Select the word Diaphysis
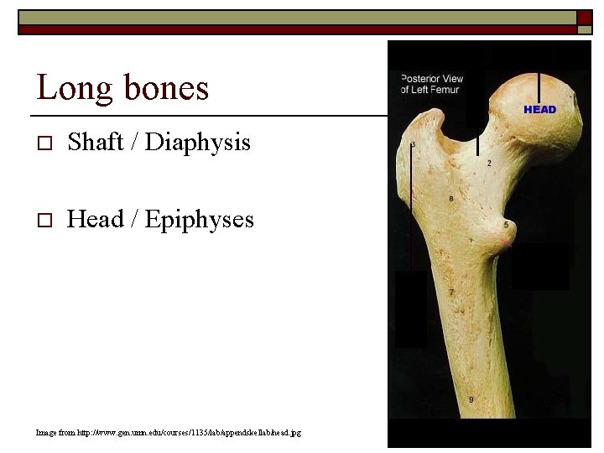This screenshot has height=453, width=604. (198, 143)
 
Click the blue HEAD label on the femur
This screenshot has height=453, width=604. (539, 110)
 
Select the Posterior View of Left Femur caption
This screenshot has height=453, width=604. (431, 84)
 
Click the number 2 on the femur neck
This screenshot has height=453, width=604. (489, 163)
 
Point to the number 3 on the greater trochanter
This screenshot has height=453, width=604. (412, 145)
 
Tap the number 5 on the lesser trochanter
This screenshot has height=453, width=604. (506, 225)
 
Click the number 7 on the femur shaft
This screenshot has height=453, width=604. (451, 292)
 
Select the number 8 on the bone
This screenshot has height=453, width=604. (451, 199)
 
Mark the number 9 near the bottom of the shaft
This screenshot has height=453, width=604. (471, 399)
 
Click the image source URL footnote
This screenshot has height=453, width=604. (169, 432)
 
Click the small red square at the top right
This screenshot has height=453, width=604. (584, 18)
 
